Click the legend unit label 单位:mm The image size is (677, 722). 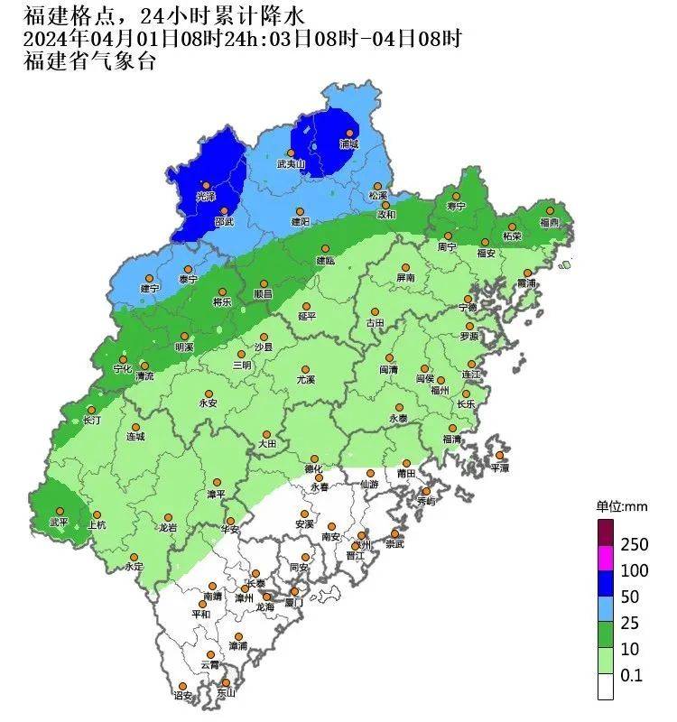(617, 506)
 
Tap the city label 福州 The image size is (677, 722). (440, 391)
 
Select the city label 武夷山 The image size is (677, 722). (292, 164)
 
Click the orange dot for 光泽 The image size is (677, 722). (206, 185)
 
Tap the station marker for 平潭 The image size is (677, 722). (499, 456)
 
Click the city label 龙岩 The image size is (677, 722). (168, 528)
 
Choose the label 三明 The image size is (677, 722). (242, 366)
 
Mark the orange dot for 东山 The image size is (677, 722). (226, 683)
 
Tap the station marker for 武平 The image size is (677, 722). (59, 510)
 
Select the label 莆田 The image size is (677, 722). (405, 474)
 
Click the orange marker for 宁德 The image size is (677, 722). (468, 299)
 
